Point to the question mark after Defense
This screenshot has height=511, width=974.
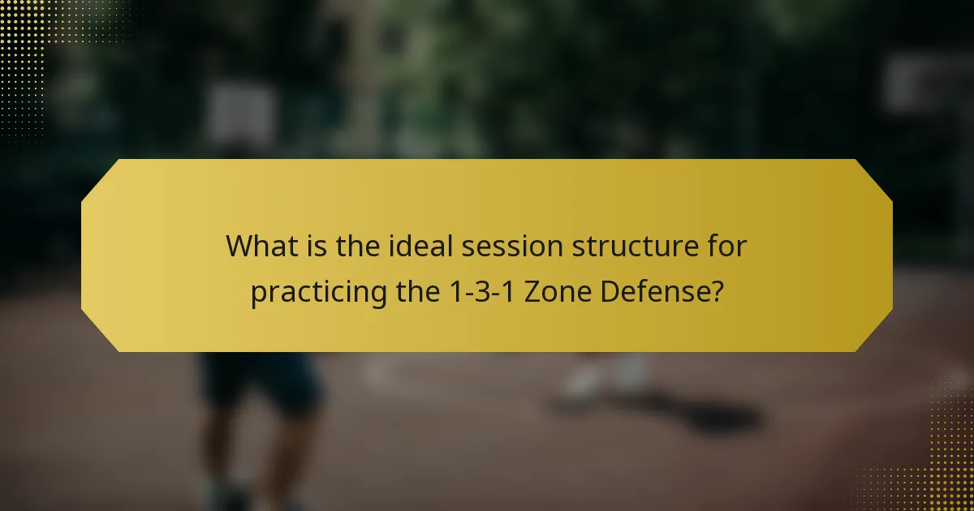(x=716, y=291)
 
